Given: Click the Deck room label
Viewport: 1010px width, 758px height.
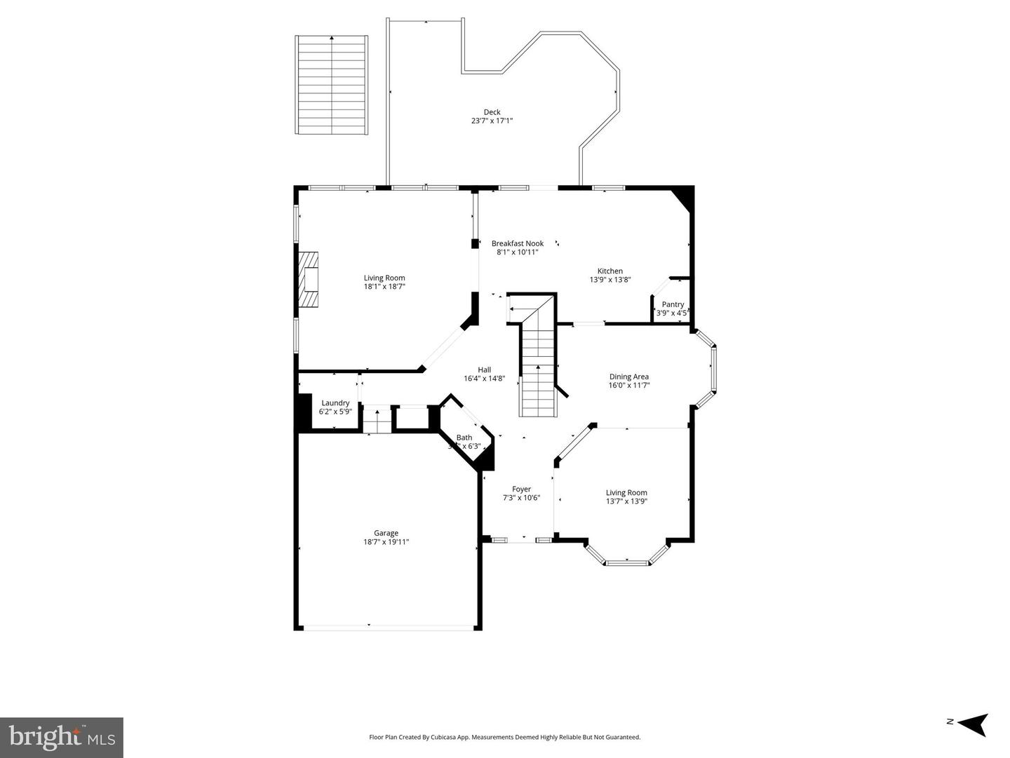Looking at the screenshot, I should click(x=492, y=112).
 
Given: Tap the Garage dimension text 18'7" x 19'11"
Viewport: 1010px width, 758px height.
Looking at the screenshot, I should click(x=386, y=542).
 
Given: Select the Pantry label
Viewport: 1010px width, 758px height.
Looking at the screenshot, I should click(x=673, y=304).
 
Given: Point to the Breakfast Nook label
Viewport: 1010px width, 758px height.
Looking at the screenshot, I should click(x=518, y=243).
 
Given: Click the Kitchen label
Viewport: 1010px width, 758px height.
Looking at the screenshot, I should click(x=610, y=271).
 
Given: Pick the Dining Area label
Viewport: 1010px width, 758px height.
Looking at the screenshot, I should click(x=628, y=377).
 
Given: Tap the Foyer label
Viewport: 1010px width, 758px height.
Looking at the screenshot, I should click(x=521, y=489).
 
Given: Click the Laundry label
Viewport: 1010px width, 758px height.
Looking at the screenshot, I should click(x=335, y=403).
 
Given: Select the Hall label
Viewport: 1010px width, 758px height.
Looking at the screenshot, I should click(x=484, y=370).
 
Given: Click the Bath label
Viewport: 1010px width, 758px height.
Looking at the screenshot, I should click(x=464, y=438).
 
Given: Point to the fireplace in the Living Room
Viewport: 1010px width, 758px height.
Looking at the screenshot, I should click(x=309, y=279).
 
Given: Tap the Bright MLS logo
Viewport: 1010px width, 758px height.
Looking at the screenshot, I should click(x=62, y=738).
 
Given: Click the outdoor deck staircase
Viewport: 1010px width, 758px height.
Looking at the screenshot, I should click(x=332, y=85).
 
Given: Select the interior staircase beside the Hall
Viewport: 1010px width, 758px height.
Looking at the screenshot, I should click(x=538, y=372).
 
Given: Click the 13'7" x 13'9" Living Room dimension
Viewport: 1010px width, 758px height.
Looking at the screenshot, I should click(x=626, y=501).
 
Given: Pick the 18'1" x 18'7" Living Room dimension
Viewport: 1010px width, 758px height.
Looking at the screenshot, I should click(x=384, y=287).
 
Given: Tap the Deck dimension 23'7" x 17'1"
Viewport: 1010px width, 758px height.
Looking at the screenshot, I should click(x=492, y=121).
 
